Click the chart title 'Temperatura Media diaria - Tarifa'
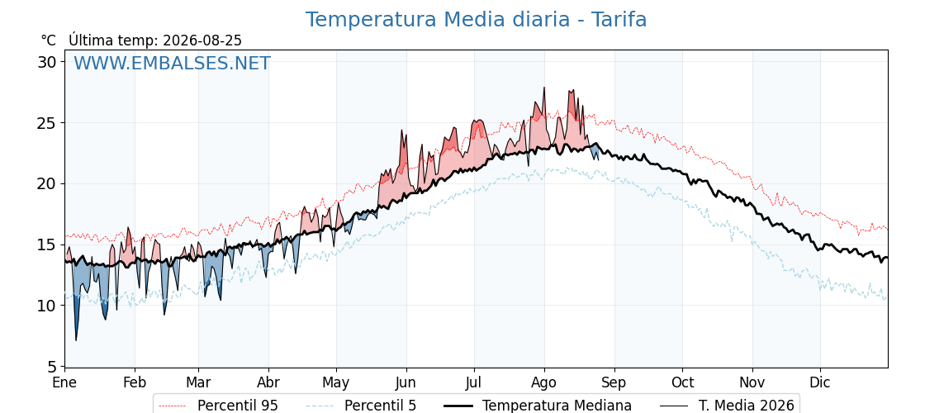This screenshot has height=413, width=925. tap(476, 20)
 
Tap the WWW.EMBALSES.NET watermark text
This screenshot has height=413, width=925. tap(172, 63)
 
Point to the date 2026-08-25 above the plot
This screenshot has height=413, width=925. tap(202, 40)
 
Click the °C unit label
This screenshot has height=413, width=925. tap(48, 40)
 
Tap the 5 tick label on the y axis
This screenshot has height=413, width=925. tap(52, 367)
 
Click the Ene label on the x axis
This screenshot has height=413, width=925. tap(64, 382)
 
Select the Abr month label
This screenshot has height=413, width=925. tap(268, 382)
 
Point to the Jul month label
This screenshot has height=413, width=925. tap(474, 382)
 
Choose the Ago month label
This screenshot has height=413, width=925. tap(544, 382)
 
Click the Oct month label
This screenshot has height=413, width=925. tap(682, 382)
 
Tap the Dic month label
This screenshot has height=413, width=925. tap(821, 382)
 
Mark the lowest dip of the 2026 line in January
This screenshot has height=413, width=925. tap(75, 340)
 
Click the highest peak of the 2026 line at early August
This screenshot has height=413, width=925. tap(544, 88)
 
